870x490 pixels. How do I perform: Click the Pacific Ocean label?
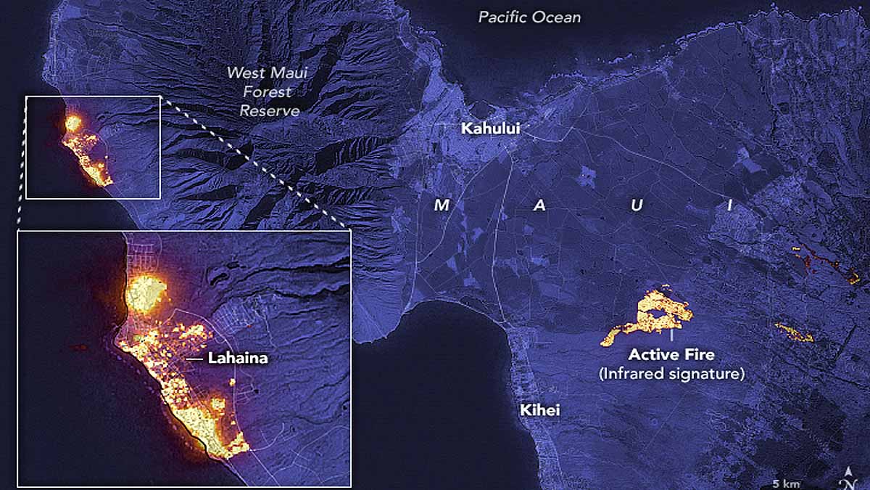point(529,17)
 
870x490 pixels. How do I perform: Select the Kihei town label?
point(539,410)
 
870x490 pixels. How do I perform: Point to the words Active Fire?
point(671,355)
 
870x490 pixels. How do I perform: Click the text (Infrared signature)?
point(671,374)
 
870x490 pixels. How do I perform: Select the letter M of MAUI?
point(441,205)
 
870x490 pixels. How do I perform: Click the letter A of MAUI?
point(539,205)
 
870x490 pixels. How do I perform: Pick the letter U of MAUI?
point(637,205)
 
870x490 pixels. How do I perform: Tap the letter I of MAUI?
point(730,205)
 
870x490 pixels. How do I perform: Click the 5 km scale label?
point(785,483)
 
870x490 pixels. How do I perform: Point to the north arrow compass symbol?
point(847,480)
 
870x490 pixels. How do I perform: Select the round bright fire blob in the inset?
point(146,293)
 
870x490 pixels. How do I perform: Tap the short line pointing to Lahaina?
point(194,359)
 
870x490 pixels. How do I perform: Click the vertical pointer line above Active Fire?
point(672,337)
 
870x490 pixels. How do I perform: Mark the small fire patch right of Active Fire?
point(794,332)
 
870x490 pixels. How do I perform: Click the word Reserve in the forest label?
point(269,111)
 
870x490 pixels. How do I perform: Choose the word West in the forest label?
point(244,73)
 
